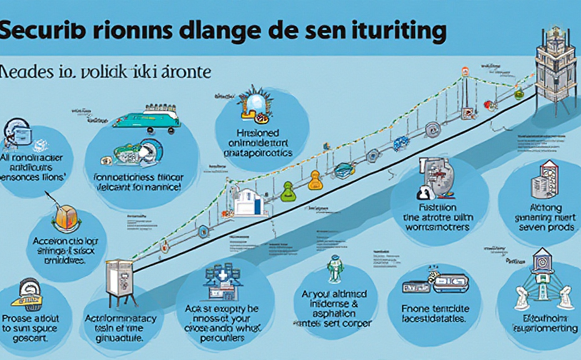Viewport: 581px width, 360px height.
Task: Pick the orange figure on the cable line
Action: (315, 181)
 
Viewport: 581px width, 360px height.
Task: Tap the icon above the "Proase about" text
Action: (29, 293)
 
